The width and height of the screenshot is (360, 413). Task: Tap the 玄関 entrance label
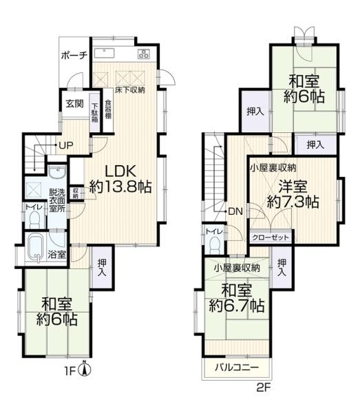(74, 105)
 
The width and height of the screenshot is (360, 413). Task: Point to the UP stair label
(66, 146)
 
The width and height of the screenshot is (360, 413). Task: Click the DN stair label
(234, 211)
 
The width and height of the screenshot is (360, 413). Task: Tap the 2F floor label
(264, 388)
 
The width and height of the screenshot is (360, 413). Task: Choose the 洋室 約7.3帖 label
(292, 194)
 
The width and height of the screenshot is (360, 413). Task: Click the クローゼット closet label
(270, 237)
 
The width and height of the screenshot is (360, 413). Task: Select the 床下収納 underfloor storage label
(129, 90)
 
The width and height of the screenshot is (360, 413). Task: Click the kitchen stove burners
(144, 54)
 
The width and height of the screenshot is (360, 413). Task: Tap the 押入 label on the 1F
(101, 266)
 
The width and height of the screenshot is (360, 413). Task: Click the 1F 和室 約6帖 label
(57, 312)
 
